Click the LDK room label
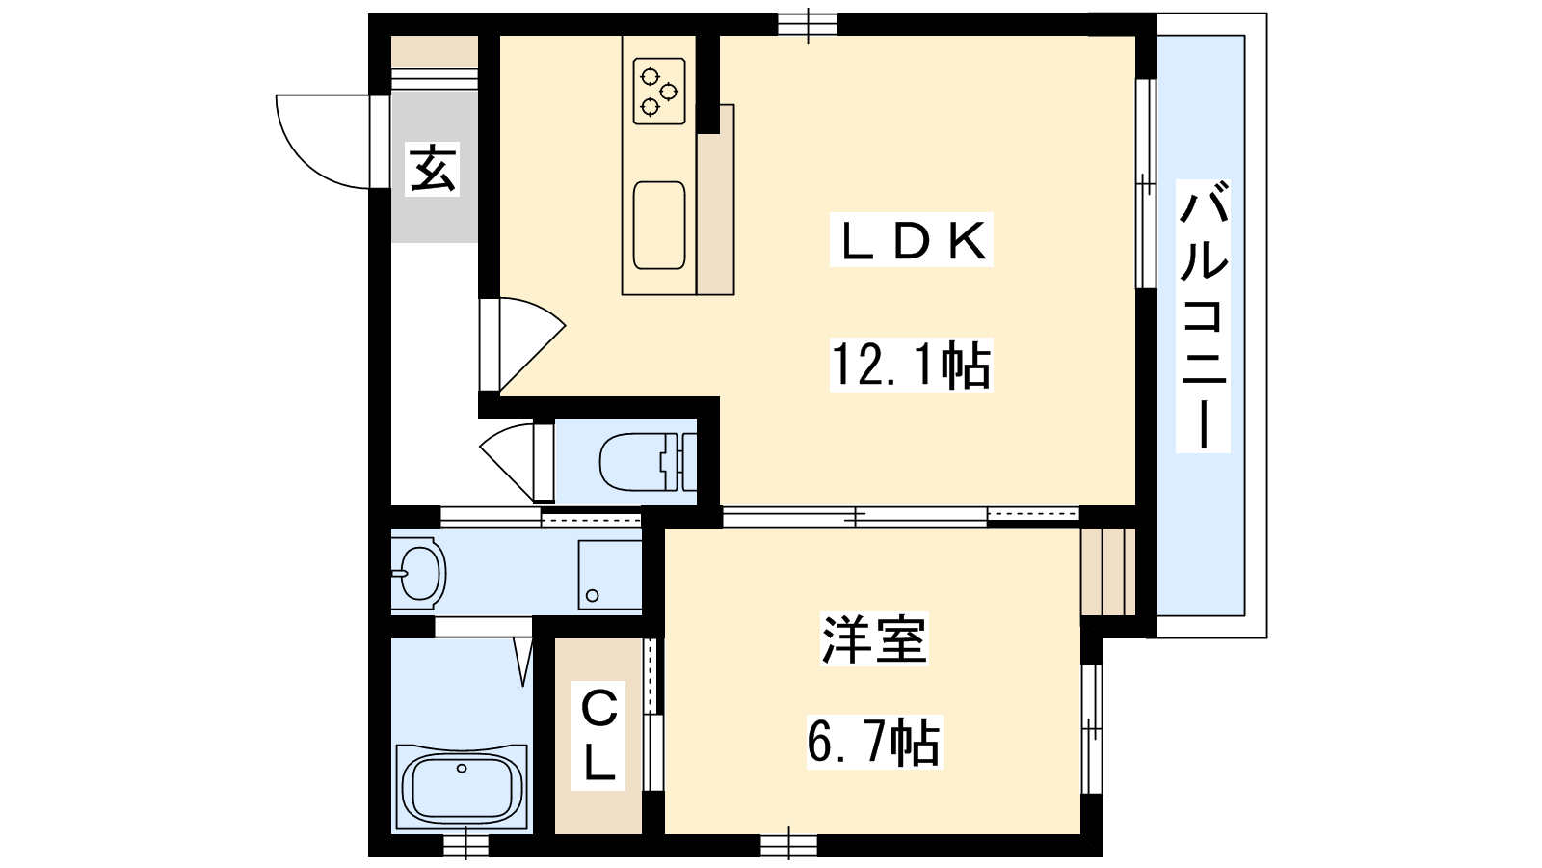coord(911,240)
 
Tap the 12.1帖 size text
coord(911,366)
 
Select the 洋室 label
coord(874,638)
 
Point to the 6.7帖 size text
coord(873,742)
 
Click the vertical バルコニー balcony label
coord(1203,316)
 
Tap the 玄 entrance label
coord(433,169)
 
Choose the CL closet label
coord(598,736)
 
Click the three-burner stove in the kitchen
coord(659,91)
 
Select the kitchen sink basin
coord(659,226)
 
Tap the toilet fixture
coord(647,462)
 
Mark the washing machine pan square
coord(610,575)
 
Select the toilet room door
coord(518,461)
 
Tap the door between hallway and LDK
coord(522,343)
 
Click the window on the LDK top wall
coord(808,24)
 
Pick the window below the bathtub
coord(466,845)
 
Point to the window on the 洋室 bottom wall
coord(789,845)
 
